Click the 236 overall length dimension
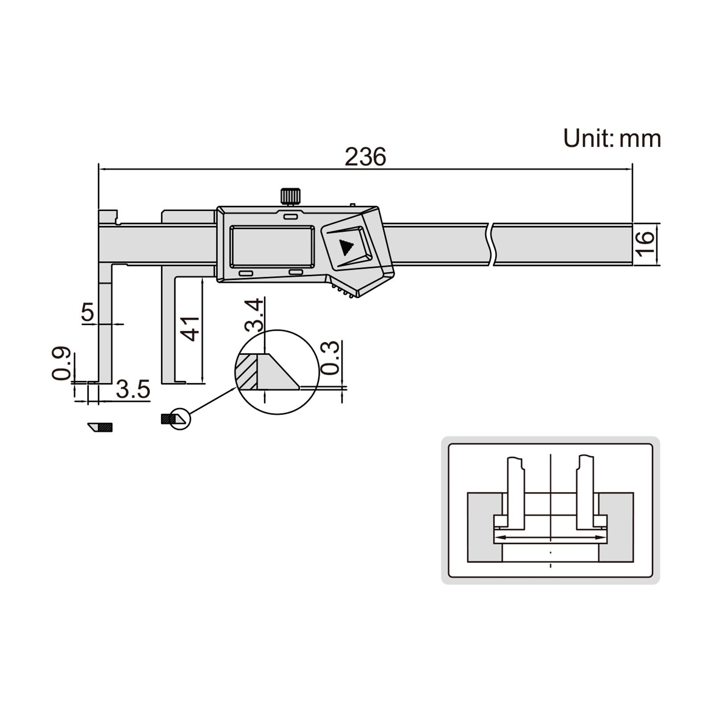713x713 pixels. [x=365, y=156]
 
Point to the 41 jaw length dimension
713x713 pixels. [x=192, y=328]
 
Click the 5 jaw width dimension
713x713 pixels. [x=88, y=312]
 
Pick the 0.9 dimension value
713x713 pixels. [x=61, y=363]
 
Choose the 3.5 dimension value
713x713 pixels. [x=133, y=390]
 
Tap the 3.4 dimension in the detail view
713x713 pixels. [x=254, y=315]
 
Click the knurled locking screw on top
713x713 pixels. [x=290, y=196]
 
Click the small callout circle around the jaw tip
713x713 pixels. [x=180, y=418]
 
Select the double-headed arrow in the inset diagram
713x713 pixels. [x=550, y=537]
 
